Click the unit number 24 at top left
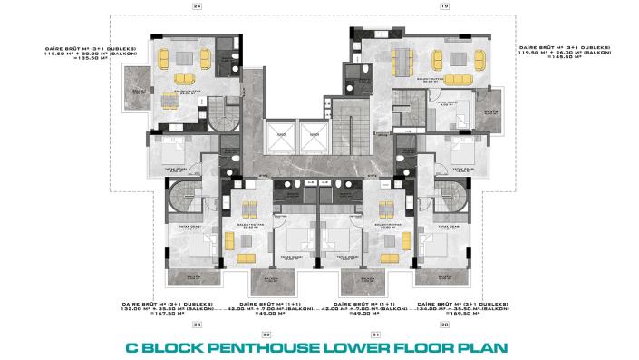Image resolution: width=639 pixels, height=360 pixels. click(x=198, y=6)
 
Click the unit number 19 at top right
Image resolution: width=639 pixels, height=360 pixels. click(x=444, y=6)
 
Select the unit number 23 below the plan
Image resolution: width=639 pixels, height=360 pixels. click(x=198, y=324)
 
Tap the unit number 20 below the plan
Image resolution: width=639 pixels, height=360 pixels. click(x=444, y=324)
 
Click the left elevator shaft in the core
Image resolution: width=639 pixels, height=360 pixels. click(x=282, y=136)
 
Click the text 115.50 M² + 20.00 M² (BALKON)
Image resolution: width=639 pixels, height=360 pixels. click(x=85, y=54)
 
